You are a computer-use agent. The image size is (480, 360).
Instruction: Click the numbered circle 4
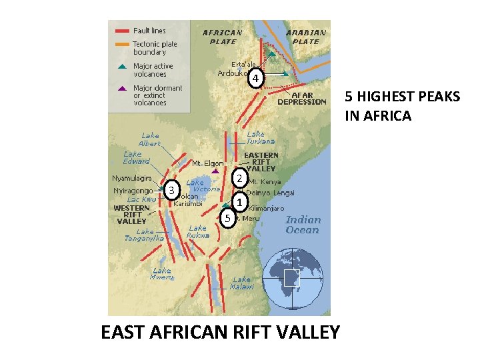[255, 79]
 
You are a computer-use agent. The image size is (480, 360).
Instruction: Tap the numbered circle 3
[172, 191]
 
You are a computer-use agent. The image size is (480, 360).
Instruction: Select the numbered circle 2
[238, 179]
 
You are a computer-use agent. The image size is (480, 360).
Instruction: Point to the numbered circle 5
[228, 217]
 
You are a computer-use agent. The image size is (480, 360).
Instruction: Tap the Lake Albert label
[150, 139]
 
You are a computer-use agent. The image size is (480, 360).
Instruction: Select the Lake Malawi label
[242, 283]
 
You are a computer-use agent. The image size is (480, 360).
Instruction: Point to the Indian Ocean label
[303, 225]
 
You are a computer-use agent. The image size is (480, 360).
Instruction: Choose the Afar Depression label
[302, 99]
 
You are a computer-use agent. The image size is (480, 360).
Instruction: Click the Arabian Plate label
[306, 37]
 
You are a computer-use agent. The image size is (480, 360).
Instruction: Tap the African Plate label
[223, 37]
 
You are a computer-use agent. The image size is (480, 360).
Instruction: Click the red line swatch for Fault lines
[123, 31]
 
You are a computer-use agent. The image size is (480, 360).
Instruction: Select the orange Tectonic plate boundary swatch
[123, 45]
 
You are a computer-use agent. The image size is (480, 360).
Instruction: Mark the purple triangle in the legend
[121, 88]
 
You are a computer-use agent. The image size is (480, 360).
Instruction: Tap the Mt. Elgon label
[208, 163]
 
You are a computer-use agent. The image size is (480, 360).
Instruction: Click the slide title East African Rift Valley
[220, 331]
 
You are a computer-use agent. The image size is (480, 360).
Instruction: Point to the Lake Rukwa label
[199, 231]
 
